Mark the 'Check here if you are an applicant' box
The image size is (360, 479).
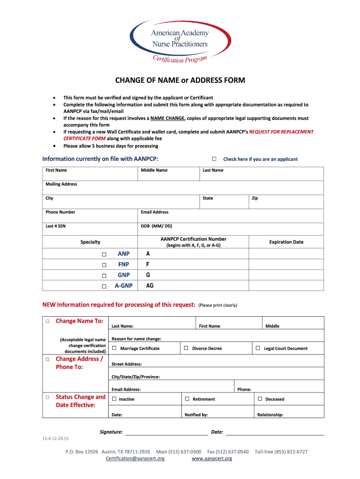[x=214, y=159]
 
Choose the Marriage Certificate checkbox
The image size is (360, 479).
[x=114, y=348]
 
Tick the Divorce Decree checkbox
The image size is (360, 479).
[x=186, y=348]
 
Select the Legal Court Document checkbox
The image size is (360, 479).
[x=258, y=348]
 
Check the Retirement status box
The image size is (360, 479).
[x=187, y=399]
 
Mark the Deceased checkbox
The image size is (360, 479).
[x=260, y=399]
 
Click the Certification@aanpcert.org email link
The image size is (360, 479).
[x=135, y=458]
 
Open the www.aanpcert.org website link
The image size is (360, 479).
[x=212, y=458]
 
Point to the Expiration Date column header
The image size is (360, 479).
[x=286, y=242]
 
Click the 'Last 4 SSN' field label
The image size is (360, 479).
[x=55, y=226]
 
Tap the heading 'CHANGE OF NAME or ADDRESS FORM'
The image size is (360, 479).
[x=180, y=80]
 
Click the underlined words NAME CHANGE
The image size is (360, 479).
[x=170, y=118]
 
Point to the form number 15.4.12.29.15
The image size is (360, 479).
[x=55, y=438]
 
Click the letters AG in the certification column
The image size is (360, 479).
[x=150, y=285]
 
